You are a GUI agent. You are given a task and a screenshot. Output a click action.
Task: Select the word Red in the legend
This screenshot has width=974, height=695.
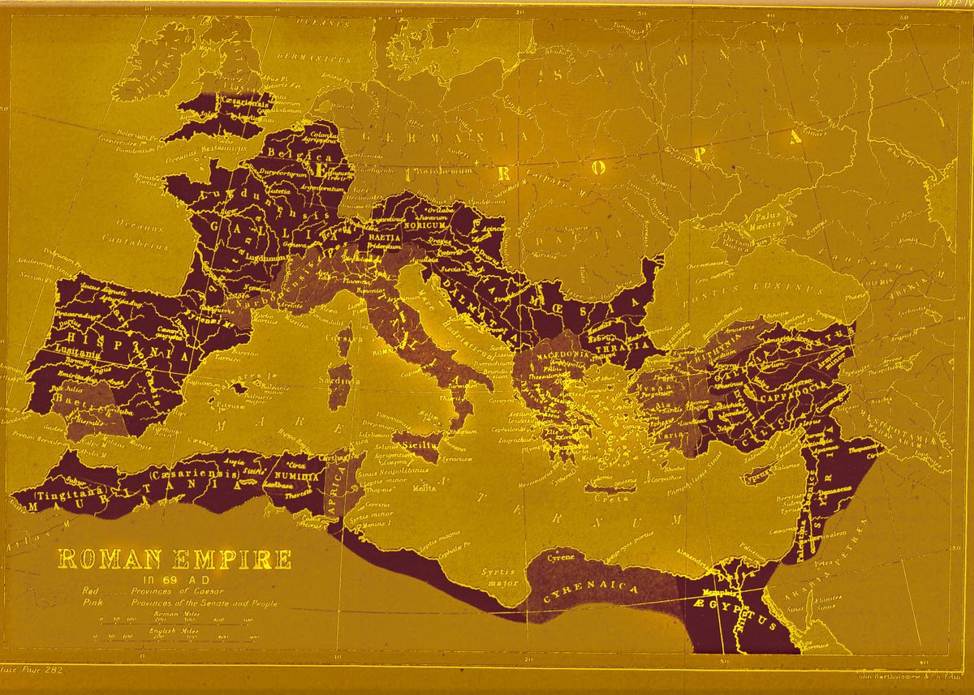[x=89, y=592]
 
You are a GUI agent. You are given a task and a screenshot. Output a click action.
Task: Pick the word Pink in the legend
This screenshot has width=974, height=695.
[x=91, y=604]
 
